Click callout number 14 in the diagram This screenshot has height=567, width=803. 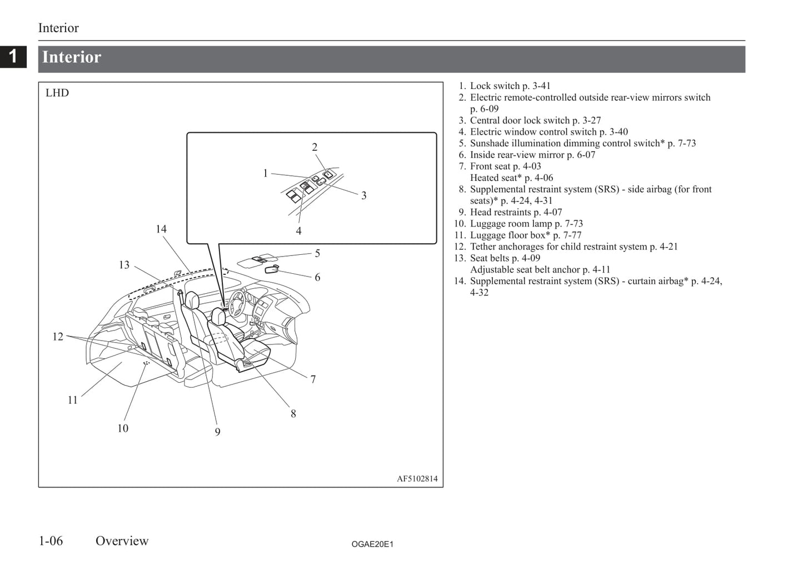click(161, 229)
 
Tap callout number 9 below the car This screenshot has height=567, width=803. click(218, 432)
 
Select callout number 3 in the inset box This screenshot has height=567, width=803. click(364, 195)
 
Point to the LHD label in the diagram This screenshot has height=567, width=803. click(57, 93)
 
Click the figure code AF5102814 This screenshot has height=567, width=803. click(417, 479)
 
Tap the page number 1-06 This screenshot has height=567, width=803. click(51, 541)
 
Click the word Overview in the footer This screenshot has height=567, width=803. click(122, 541)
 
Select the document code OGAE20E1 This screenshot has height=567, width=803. click(372, 544)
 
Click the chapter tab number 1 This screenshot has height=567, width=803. click(13, 56)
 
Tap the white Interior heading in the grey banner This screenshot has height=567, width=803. click(72, 57)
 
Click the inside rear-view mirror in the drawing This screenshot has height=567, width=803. click(272, 269)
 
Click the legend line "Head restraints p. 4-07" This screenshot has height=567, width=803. click(516, 212)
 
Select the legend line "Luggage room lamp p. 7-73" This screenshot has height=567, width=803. click(526, 224)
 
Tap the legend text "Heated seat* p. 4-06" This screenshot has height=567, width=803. click(512, 178)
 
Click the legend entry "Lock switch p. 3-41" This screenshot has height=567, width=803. click(510, 86)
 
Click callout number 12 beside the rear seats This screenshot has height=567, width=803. click(58, 337)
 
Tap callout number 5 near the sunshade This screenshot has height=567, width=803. click(317, 253)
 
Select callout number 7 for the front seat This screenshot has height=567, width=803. click(313, 379)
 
